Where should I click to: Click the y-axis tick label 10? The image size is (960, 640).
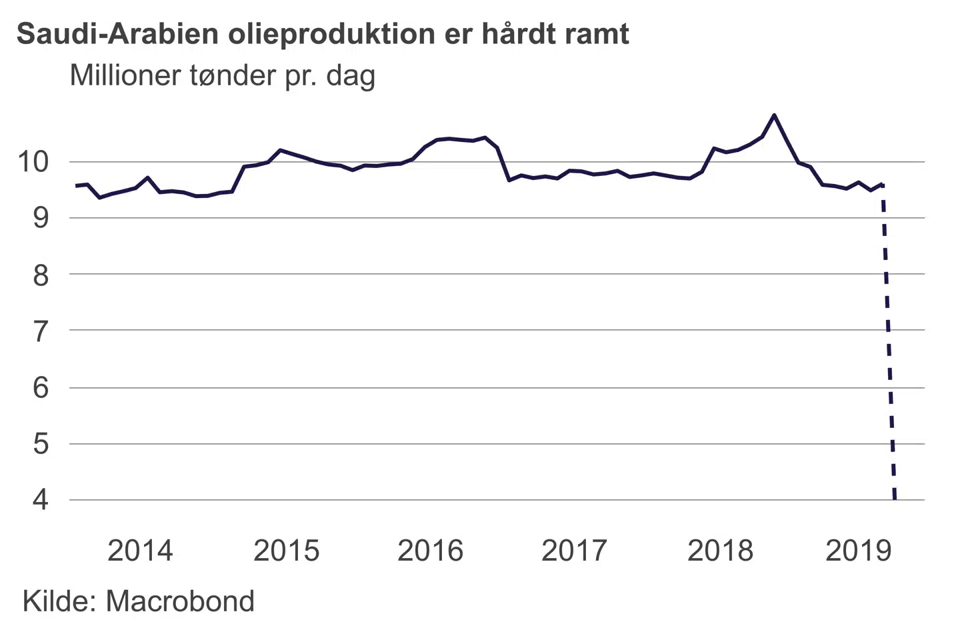pyautogui.click(x=33, y=161)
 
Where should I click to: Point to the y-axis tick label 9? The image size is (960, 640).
pyautogui.click(x=41, y=217)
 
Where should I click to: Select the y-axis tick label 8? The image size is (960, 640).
pyautogui.click(x=41, y=274)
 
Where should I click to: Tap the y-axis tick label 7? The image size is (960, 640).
pyautogui.click(x=41, y=331)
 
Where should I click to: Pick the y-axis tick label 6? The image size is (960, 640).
pyautogui.click(x=41, y=387)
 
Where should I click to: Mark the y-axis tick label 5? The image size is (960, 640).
pyautogui.click(x=41, y=443)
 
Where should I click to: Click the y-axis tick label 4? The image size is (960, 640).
pyautogui.click(x=41, y=500)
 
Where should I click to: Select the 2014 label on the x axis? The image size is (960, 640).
pyautogui.click(x=140, y=551)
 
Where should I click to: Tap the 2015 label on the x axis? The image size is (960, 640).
pyautogui.click(x=287, y=551)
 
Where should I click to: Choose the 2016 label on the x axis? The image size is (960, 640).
pyautogui.click(x=431, y=551)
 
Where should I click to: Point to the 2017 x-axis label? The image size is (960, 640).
pyautogui.click(x=575, y=551)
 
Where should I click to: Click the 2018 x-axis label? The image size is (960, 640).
pyautogui.click(x=720, y=551)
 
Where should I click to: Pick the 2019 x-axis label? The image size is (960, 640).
pyautogui.click(x=859, y=551)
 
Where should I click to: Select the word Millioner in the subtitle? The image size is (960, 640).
pyautogui.click(x=126, y=75)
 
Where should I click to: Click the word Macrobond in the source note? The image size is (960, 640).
pyautogui.click(x=180, y=601)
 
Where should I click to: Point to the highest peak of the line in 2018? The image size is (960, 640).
pyautogui.click(x=773, y=115)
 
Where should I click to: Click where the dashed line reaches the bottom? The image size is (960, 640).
pyautogui.click(x=895, y=498)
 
